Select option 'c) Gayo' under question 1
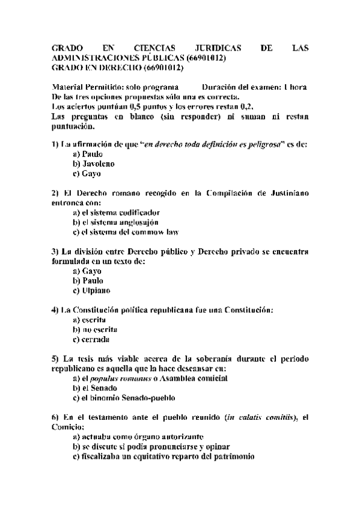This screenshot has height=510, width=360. [87, 174]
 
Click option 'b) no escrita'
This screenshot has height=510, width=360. [95, 330]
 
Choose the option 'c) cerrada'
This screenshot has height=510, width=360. [91, 339]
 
